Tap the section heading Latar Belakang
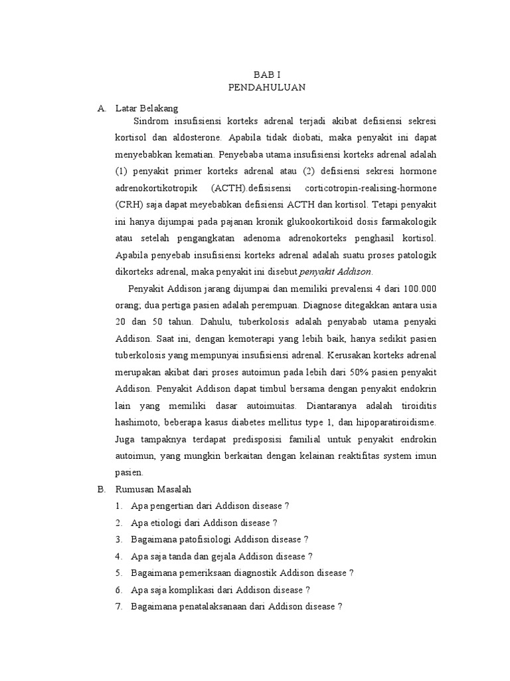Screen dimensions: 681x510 (x=146, y=108)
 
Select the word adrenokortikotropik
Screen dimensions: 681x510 (x=155, y=188)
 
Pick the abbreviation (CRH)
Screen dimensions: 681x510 (x=129, y=204)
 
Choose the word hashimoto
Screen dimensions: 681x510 (x=139, y=422)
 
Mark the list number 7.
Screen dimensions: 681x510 (x=118, y=607)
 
